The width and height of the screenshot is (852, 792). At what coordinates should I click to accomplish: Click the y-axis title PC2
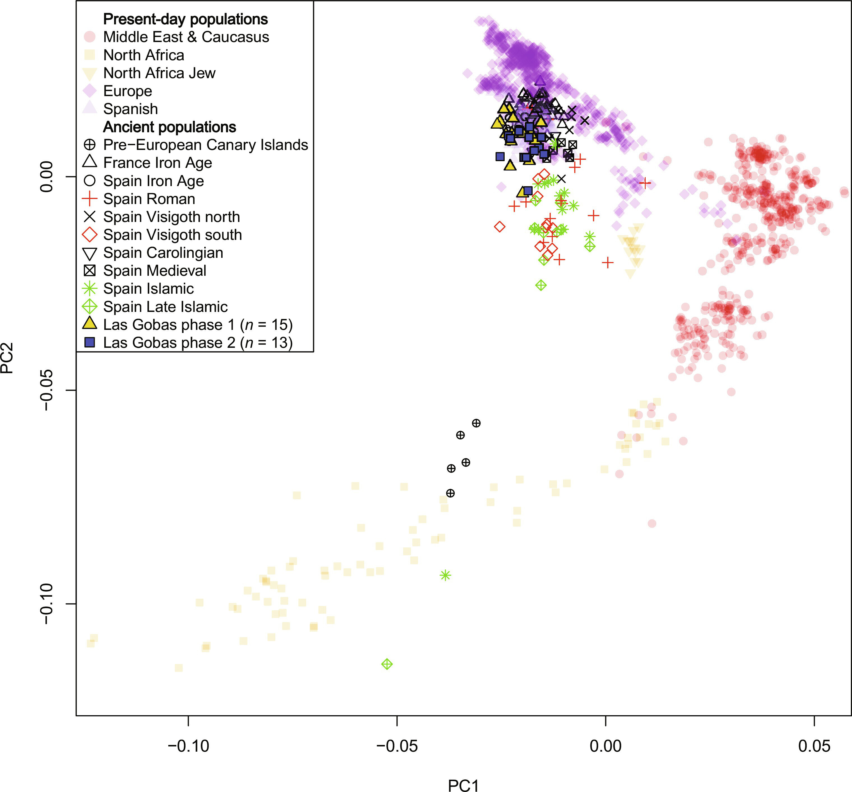(8, 358)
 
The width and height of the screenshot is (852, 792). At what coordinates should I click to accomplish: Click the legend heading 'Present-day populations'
(185, 19)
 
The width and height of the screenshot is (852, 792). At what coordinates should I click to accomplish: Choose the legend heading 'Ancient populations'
(169, 127)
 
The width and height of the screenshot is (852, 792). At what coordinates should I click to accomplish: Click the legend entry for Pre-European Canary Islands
(205, 145)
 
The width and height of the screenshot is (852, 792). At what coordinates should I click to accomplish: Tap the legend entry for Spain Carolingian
(163, 253)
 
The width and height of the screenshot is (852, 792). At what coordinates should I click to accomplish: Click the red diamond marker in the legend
(89, 235)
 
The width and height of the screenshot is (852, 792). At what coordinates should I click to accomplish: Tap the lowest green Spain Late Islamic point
(387, 664)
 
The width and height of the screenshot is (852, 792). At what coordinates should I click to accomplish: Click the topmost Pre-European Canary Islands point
(476, 423)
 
